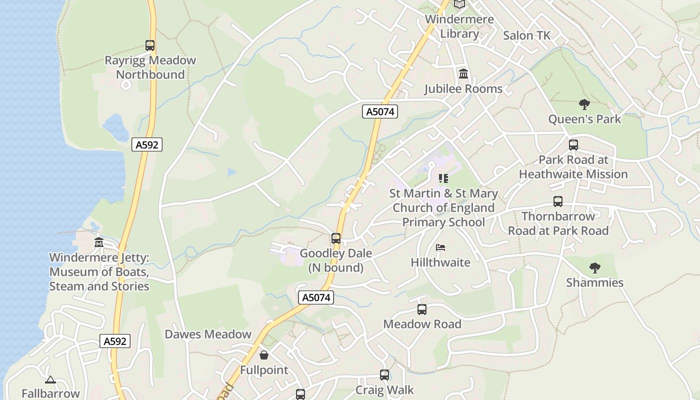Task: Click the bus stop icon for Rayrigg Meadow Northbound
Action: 150,45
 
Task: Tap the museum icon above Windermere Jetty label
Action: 99,242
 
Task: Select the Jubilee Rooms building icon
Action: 463,74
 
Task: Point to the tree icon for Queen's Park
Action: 584,104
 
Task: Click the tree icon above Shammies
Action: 594,268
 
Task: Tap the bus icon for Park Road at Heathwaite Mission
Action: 573,145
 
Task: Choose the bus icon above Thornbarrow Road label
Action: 558,201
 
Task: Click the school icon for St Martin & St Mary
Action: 443,178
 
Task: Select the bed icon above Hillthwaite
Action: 440,247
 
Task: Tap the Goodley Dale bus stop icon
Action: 336,238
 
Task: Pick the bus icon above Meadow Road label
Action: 422,309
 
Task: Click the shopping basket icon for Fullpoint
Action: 264,355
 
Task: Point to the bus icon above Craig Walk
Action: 384,375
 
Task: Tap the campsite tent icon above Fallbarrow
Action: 50,380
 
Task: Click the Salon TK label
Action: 526,35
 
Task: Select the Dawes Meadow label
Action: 208,334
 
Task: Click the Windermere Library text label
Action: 459,26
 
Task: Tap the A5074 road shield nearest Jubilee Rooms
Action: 380,111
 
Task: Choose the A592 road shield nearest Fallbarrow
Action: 115,341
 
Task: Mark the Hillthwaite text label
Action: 440,262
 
